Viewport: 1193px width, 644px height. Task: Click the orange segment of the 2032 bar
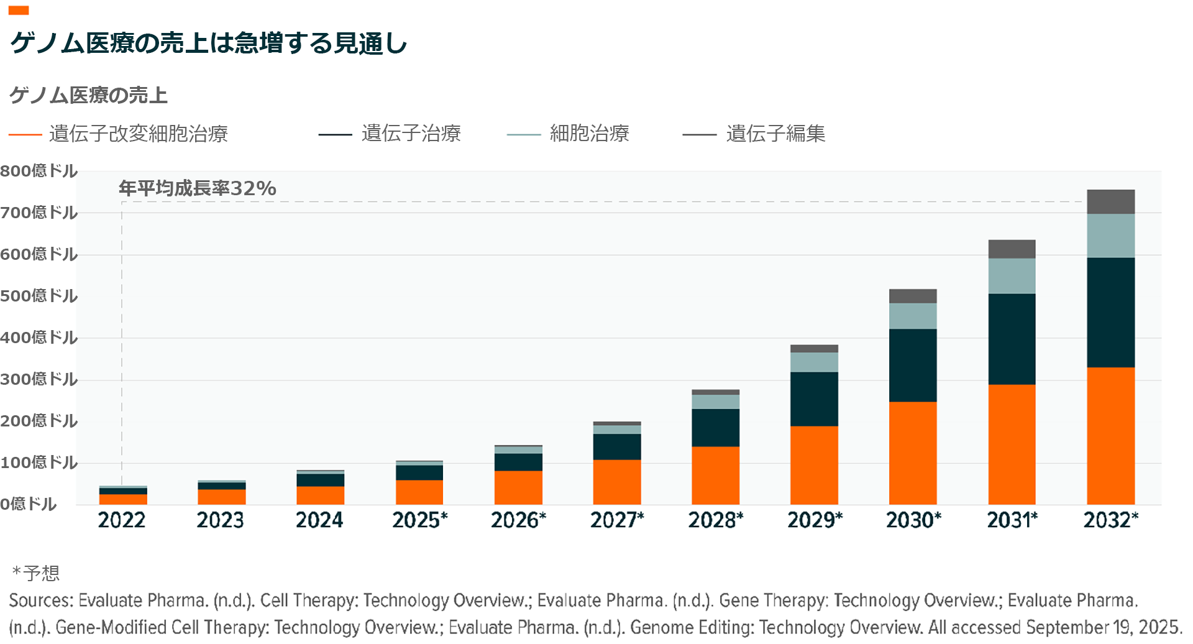(1110, 435)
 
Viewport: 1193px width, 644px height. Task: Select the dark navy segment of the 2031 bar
(1012, 339)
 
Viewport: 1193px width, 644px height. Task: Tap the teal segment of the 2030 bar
(913, 316)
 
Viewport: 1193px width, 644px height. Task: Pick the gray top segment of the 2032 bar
(1110, 202)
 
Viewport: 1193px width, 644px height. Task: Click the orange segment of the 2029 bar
(814, 465)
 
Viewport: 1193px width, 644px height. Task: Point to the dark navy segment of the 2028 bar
(715, 428)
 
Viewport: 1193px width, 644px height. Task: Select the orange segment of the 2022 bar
(123, 499)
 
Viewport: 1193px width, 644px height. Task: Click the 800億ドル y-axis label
(39, 171)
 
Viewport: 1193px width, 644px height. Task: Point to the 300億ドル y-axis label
(39, 379)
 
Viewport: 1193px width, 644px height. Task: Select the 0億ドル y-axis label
(29, 504)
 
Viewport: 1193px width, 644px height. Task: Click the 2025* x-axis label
(420, 520)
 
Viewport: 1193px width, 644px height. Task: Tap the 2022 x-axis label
(122, 520)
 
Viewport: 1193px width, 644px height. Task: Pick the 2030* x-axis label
(913, 520)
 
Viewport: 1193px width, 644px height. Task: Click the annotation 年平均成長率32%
(198, 188)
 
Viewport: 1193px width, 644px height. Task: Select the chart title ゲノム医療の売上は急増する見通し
(209, 43)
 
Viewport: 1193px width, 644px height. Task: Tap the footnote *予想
(36, 573)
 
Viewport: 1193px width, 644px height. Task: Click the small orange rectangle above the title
(19, 11)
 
